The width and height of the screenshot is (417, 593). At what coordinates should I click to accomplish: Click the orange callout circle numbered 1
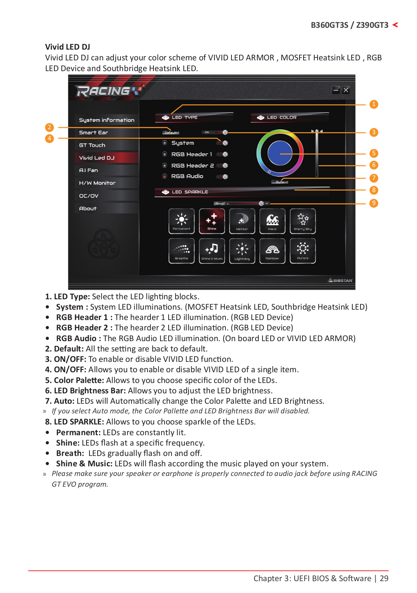[374, 104]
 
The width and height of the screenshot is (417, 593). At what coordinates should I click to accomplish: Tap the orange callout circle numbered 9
[374, 203]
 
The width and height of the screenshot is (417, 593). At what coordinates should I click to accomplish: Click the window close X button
[346, 90]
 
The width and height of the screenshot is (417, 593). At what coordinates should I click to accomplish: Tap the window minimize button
[336, 90]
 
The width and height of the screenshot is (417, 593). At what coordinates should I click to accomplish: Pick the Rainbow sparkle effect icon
[272, 251]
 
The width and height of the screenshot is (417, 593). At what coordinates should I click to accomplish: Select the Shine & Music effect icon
[212, 251]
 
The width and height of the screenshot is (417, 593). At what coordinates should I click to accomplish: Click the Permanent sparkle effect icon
[182, 221]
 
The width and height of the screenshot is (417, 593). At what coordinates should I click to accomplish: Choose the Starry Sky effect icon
[303, 221]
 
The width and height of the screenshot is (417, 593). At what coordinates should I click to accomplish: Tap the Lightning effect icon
[242, 251]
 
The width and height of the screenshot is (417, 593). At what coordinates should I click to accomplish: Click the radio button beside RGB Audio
[165, 176]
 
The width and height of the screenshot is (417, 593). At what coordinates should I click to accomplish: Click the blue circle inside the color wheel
[280, 153]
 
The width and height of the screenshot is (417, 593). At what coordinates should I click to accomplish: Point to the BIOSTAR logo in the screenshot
[340, 280]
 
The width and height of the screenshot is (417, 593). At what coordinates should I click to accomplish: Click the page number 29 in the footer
[384, 579]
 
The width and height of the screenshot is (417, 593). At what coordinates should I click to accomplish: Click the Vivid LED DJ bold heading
[68, 47]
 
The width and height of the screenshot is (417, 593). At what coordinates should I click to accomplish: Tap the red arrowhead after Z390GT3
[395, 25]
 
